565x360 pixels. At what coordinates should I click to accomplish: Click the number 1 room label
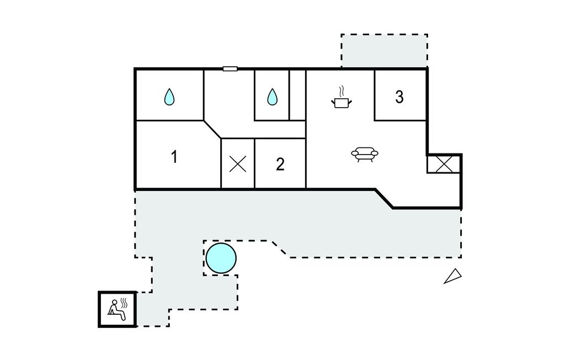tap(174, 157)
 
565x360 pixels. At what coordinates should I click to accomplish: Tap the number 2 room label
tap(280, 164)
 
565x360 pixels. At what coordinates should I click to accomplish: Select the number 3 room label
tap(399, 97)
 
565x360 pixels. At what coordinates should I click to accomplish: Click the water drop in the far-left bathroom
tap(169, 97)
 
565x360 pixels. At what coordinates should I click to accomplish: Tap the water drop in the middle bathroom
tap(272, 97)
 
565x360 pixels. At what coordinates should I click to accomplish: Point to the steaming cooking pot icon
tap(342, 102)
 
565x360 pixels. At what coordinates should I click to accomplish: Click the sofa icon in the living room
tap(364, 154)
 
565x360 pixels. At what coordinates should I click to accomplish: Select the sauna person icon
tap(115, 309)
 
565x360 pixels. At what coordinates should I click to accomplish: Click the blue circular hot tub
tap(221, 258)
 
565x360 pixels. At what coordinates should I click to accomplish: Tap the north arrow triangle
tap(454, 276)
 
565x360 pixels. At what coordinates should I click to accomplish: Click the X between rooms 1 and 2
tap(238, 164)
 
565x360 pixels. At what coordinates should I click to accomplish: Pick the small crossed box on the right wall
tap(444, 164)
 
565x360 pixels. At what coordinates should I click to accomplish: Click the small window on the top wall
tap(230, 68)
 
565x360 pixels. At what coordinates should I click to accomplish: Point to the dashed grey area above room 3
tap(384, 51)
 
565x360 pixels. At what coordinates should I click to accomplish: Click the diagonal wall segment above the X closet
tap(212, 129)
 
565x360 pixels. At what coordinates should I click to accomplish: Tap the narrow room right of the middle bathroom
tap(297, 94)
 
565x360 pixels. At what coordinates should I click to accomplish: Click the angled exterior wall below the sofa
tap(384, 199)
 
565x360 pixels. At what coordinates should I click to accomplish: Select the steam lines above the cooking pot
tap(342, 91)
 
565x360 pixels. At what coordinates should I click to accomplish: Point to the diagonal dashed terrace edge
tap(279, 248)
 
